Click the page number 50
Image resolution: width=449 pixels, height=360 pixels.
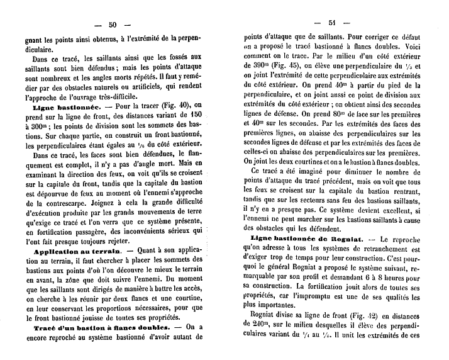pos(113,25)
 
